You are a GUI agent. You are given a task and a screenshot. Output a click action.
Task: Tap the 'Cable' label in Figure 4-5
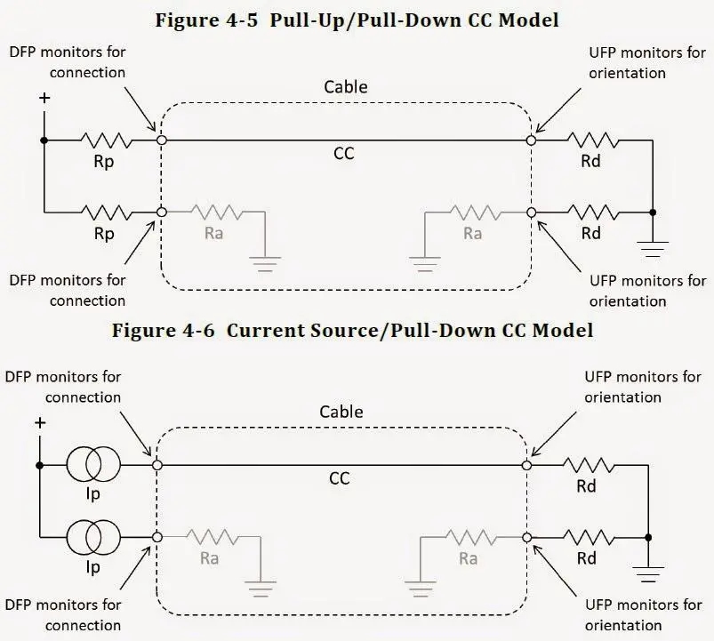click(345, 87)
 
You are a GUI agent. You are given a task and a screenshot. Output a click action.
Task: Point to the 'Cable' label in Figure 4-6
click(341, 412)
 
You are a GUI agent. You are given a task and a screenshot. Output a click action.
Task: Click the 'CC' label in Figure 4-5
click(343, 154)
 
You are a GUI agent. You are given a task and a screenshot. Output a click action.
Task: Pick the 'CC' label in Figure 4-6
click(340, 478)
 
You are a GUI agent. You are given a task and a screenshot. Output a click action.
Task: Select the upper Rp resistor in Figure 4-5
click(106, 140)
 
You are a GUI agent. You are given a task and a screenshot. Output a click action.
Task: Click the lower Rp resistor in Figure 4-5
click(106, 212)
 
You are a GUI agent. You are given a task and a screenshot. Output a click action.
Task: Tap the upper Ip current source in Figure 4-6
click(92, 464)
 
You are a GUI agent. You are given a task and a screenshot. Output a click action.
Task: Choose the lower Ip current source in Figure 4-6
click(92, 537)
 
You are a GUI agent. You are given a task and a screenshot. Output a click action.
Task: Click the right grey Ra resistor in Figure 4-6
click(468, 537)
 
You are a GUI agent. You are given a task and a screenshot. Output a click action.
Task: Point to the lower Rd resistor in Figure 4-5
click(591, 213)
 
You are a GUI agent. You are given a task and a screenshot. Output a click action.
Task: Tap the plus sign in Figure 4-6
click(39, 422)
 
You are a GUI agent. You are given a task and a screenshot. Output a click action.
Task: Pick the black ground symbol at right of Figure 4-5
click(654, 248)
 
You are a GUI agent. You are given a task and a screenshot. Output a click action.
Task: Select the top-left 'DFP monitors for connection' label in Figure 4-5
click(68, 62)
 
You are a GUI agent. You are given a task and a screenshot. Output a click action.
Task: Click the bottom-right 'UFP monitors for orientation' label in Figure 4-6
click(643, 614)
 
